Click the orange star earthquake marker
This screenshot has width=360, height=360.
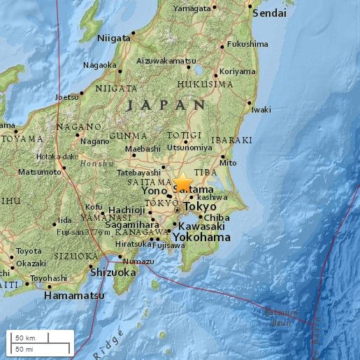pyautogui.click(x=182, y=185)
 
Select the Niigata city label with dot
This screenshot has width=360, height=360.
pyautogui.click(x=115, y=37)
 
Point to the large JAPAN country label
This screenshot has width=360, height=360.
pyautogui.click(x=168, y=105)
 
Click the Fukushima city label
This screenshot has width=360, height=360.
pyautogui.click(x=248, y=44)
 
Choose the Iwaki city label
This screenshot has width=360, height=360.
pyautogui.click(x=261, y=110)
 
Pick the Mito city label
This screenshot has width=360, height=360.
pyautogui.click(x=228, y=163)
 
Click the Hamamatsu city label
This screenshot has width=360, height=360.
pyautogui.click(x=74, y=296)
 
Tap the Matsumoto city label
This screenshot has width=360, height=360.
pyautogui.click(x=39, y=171)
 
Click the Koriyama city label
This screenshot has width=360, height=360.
pyautogui.click(x=238, y=71)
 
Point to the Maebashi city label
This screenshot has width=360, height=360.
pyautogui.click(x=143, y=148)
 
